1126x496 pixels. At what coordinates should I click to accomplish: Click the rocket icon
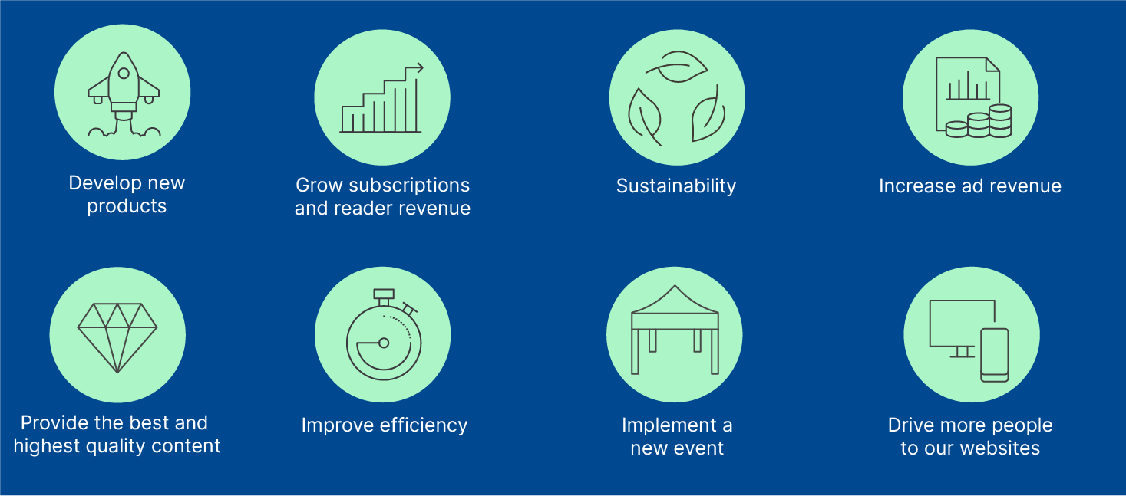point(124,94)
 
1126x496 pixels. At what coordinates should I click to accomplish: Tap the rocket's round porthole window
point(124,74)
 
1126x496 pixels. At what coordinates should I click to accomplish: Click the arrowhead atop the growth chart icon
point(419,67)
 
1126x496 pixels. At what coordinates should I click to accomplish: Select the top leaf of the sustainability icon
point(677,67)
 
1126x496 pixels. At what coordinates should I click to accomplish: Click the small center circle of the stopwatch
point(384,343)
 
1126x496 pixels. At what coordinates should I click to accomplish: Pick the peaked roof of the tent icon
point(675,301)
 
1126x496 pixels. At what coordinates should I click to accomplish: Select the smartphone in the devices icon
point(994,355)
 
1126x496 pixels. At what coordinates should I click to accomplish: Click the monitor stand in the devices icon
point(962,352)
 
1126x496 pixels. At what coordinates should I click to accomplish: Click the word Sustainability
point(676,186)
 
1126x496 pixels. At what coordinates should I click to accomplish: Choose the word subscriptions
point(410,186)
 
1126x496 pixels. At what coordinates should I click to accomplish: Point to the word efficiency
point(424,425)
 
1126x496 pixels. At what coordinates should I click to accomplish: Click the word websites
point(999,448)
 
